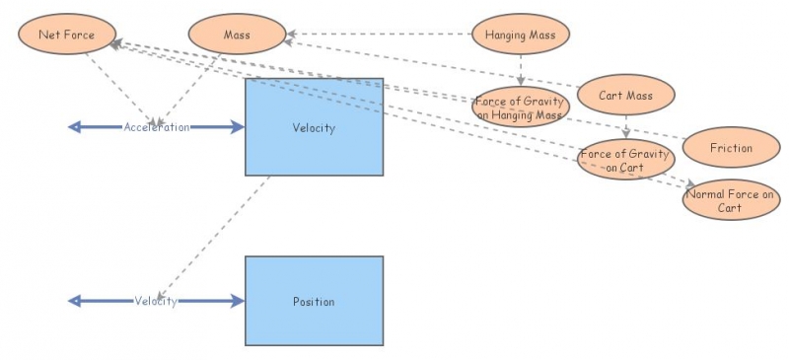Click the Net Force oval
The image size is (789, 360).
point(65,36)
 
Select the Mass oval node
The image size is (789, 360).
point(237,36)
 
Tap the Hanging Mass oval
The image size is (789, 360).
point(520,36)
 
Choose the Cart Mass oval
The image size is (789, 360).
point(625,96)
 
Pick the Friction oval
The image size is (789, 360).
point(731,148)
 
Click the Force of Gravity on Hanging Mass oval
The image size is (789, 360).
point(519,107)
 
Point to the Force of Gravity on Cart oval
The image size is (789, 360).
point(626,160)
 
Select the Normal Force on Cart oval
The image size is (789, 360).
point(731,200)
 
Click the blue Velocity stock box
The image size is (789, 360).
point(314,127)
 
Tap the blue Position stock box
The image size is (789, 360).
point(314,301)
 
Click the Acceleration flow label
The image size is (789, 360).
point(156,127)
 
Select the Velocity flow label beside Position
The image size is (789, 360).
point(156,301)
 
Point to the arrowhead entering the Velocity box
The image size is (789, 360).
point(237,127)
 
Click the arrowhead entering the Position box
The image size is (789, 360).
point(237,301)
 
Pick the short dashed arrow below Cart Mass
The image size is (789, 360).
point(625,125)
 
